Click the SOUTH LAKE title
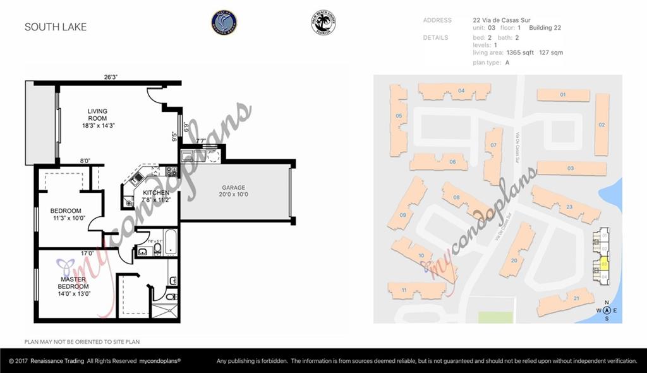56,27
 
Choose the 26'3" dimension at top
111,77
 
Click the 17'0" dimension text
87,254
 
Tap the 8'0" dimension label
85,161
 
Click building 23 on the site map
569,207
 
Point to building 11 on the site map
404,290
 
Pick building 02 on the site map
602,125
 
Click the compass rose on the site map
607,310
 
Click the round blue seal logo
224,22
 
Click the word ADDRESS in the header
437,20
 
